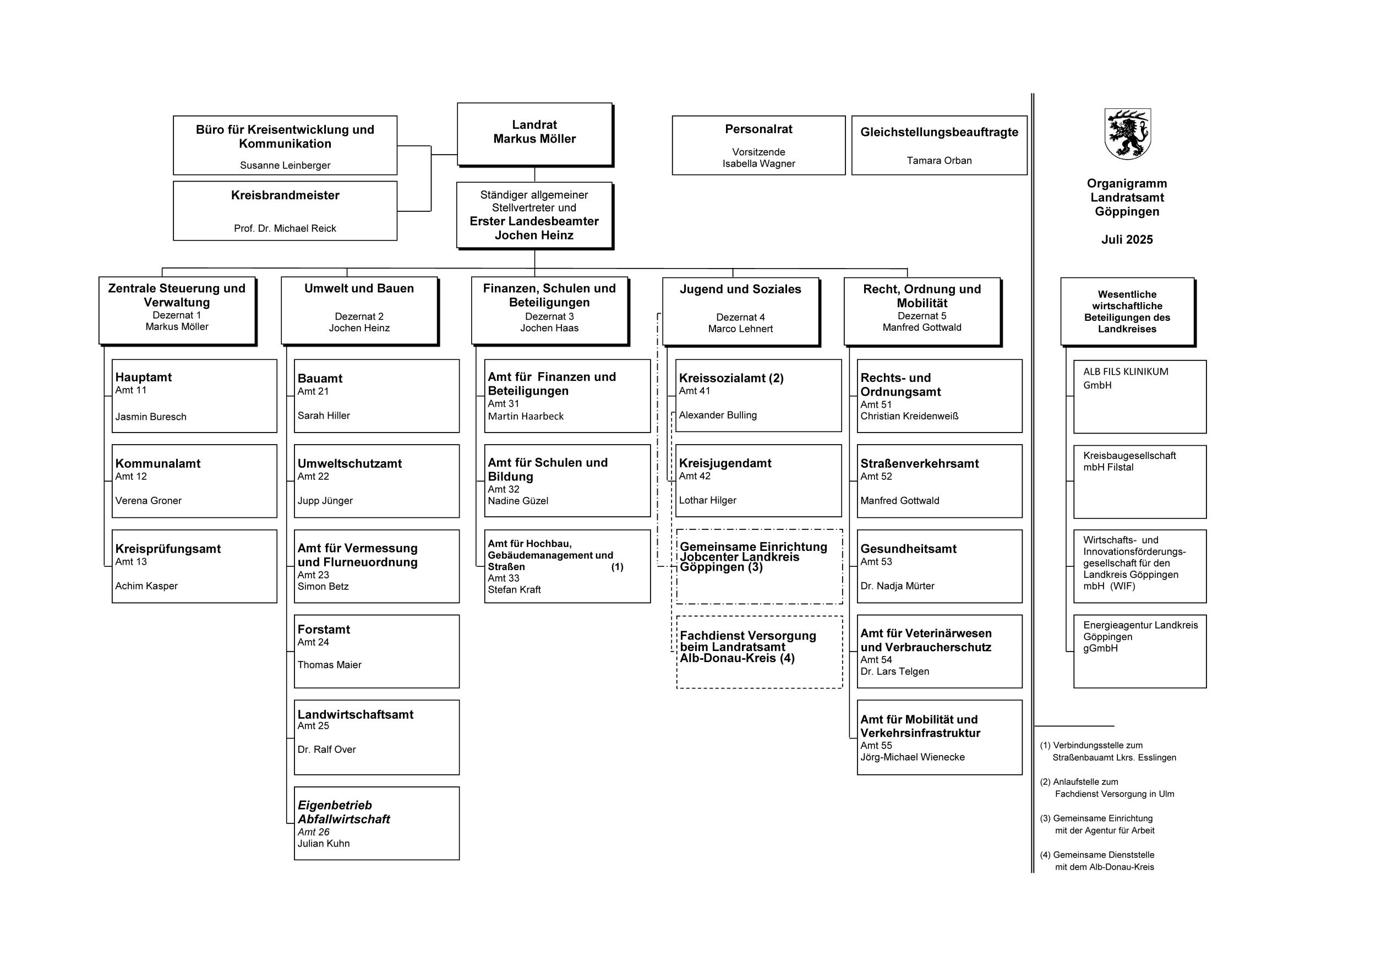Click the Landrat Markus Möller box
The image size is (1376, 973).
[534, 134]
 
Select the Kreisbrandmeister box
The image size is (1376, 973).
[285, 211]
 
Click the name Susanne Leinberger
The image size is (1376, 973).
[285, 165]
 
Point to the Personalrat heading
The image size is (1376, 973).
[758, 129]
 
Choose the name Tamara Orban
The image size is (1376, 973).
[938, 161]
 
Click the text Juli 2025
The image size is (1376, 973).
[1127, 239]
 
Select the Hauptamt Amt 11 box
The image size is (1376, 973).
[194, 396]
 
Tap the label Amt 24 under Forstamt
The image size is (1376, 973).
[313, 642]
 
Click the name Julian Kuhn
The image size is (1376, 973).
[324, 844]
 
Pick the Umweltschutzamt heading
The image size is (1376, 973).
[350, 464]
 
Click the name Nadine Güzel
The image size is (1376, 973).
[518, 501]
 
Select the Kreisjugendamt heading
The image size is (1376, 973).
[725, 463]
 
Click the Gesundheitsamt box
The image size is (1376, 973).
[939, 566]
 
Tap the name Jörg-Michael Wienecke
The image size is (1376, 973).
[912, 757]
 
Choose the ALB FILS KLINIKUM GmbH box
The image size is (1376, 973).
[1139, 397]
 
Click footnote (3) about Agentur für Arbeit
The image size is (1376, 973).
[1102, 824]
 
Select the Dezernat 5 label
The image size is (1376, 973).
[922, 316]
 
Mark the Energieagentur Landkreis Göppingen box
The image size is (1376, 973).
[1139, 651]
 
